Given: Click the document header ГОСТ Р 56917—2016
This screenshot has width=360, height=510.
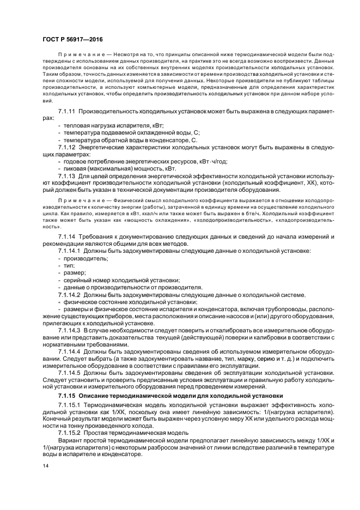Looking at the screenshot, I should point(72,39).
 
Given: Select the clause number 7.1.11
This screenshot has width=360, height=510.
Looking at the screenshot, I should point(68,111).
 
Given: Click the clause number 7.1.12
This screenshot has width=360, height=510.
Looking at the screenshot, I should point(68,147).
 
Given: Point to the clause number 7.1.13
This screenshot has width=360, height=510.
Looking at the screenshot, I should point(68,176).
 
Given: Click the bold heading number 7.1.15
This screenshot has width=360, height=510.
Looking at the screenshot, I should point(68,394).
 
